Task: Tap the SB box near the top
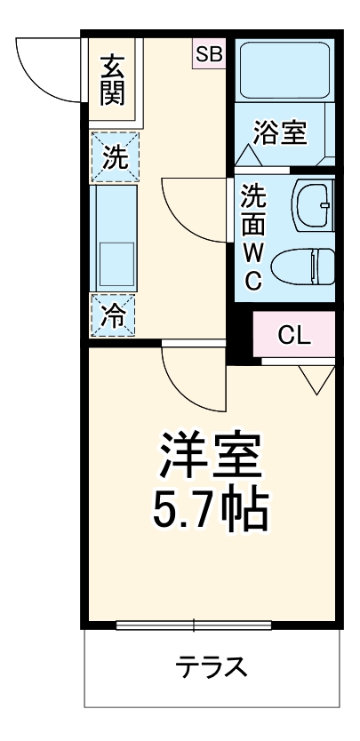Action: tap(211, 54)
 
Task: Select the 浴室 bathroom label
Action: tap(280, 134)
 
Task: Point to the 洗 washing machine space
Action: tap(114, 157)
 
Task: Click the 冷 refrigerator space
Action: tap(114, 313)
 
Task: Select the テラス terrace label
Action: tap(211, 666)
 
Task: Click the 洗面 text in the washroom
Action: tap(253, 210)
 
